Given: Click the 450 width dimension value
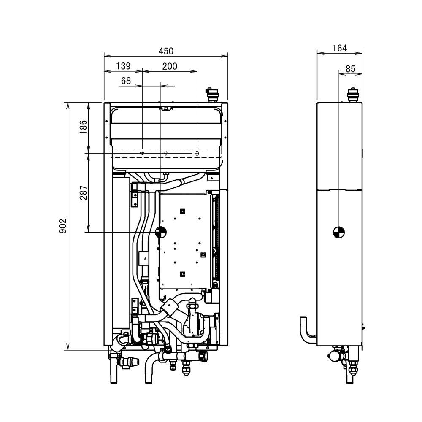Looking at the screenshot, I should [x=166, y=51].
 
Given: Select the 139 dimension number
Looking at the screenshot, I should [x=123, y=66].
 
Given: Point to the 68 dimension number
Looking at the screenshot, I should [x=126, y=80].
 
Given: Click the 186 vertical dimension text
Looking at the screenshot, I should [x=83, y=127].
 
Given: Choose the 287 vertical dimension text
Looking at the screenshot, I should [x=83, y=192].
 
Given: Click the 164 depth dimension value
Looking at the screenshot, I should [x=339, y=49].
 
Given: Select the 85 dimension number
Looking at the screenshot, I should [x=350, y=68].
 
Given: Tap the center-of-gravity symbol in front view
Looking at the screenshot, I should [x=161, y=232].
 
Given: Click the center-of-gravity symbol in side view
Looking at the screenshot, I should [x=338, y=232].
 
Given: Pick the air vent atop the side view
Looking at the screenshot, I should [x=352, y=95].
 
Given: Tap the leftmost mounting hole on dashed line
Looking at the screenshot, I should [x=142, y=154].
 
